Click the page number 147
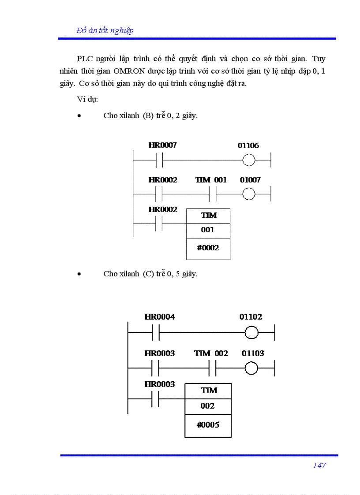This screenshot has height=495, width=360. pos(319,465)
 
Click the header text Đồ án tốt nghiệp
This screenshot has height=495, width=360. pos(105,30)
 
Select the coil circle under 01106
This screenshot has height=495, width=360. pos(249,160)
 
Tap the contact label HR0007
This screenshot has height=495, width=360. pos(162,145)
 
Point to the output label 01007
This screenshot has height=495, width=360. pos(250,180)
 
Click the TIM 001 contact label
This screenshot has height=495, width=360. pos(211,180)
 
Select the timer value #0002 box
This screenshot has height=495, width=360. pos(208,248)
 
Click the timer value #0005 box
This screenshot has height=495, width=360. pos(208,425)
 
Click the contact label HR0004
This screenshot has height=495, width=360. pos(160,317)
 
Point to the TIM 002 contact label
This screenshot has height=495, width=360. pos(211,354)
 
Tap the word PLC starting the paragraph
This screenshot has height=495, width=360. pos(85,59)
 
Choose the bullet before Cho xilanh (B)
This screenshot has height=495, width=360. pos(79,116)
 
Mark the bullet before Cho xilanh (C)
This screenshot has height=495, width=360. pos(79,274)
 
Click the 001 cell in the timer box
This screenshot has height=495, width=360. pos(208,230)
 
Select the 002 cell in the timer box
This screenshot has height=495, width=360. pos(208,406)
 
